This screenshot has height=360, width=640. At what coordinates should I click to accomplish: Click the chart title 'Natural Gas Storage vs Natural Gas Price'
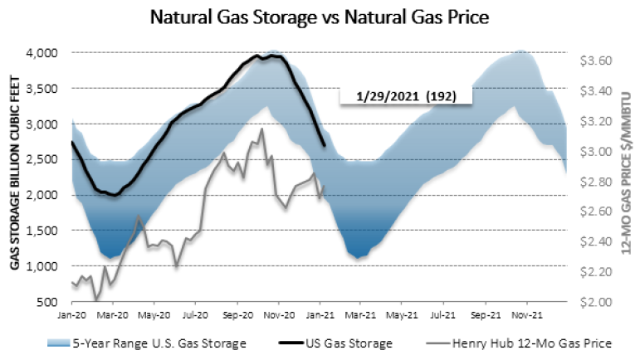pyautogui.click(x=320, y=16)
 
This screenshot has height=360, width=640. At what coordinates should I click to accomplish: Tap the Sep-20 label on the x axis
pyautogui.click(x=239, y=315)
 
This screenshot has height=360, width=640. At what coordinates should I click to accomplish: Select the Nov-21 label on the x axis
pyautogui.click(x=525, y=315)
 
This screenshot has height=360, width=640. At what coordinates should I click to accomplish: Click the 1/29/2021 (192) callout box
pyautogui.click(x=405, y=95)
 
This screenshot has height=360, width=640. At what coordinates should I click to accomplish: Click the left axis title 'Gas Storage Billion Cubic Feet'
pyautogui.click(x=15, y=177)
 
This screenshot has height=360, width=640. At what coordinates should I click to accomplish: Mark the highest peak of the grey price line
pyautogui.click(x=262, y=129)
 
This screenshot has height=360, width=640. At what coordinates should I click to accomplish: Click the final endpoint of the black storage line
pyautogui.click(x=324, y=146)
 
